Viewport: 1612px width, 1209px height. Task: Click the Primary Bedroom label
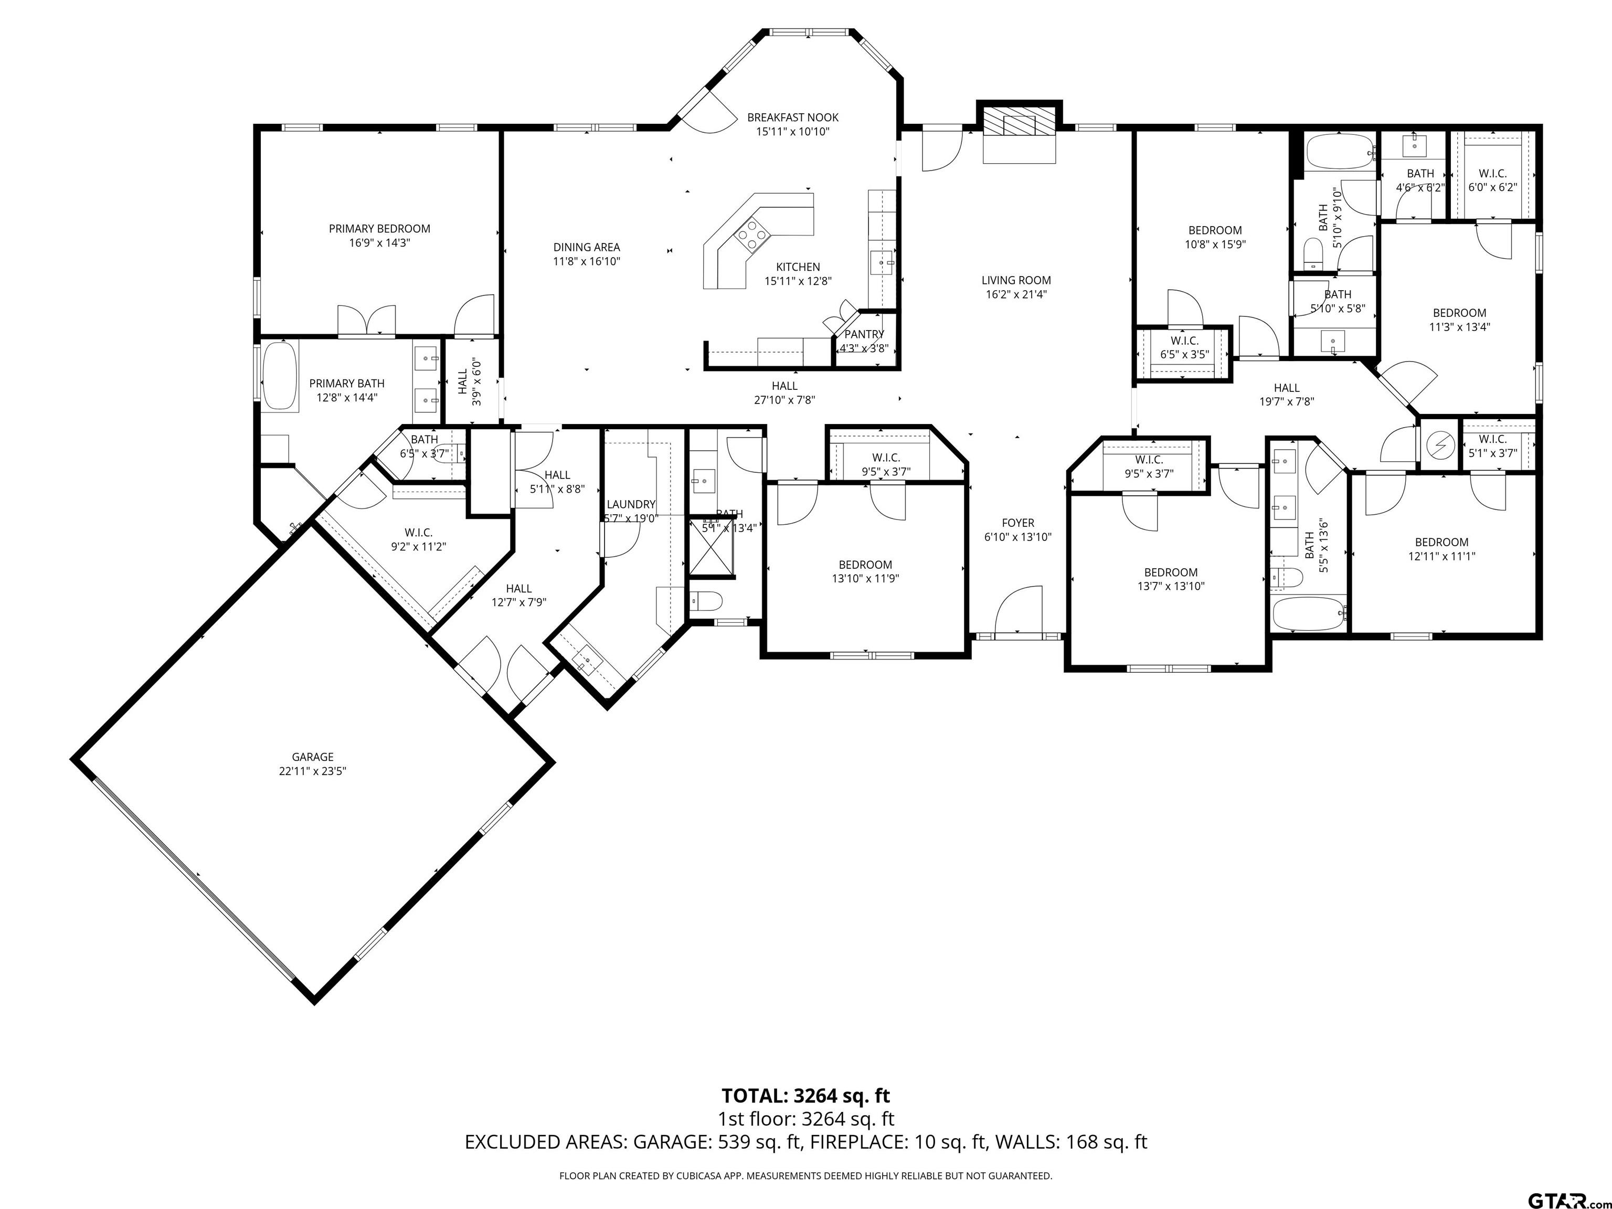pyautogui.click(x=379, y=229)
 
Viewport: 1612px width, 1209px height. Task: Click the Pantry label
pyautogui.click(x=864, y=334)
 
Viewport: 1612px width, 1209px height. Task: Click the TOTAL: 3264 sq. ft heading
pyautogui.click(x=805, y=1095)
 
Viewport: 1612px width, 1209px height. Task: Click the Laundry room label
pyautogui.click(x=631, y=504)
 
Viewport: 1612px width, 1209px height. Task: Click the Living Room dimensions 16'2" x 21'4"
pyautogui.click(x=1016, y=294)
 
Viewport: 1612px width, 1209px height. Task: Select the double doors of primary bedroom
pyautogui.click(x=367, y=320)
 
